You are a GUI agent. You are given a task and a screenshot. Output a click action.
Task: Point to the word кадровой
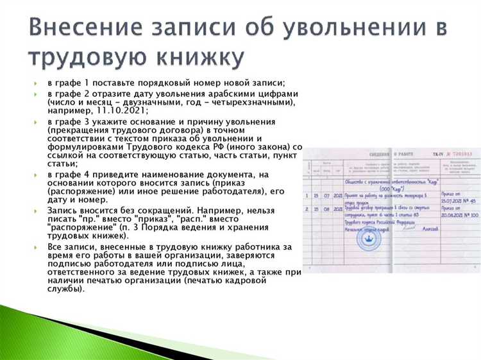point(237,280)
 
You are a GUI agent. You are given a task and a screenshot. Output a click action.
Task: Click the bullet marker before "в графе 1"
point(36,84)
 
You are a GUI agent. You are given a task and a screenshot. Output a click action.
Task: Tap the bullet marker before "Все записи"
point(36,246)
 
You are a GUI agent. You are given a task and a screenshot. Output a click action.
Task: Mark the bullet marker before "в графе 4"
point(36,175)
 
